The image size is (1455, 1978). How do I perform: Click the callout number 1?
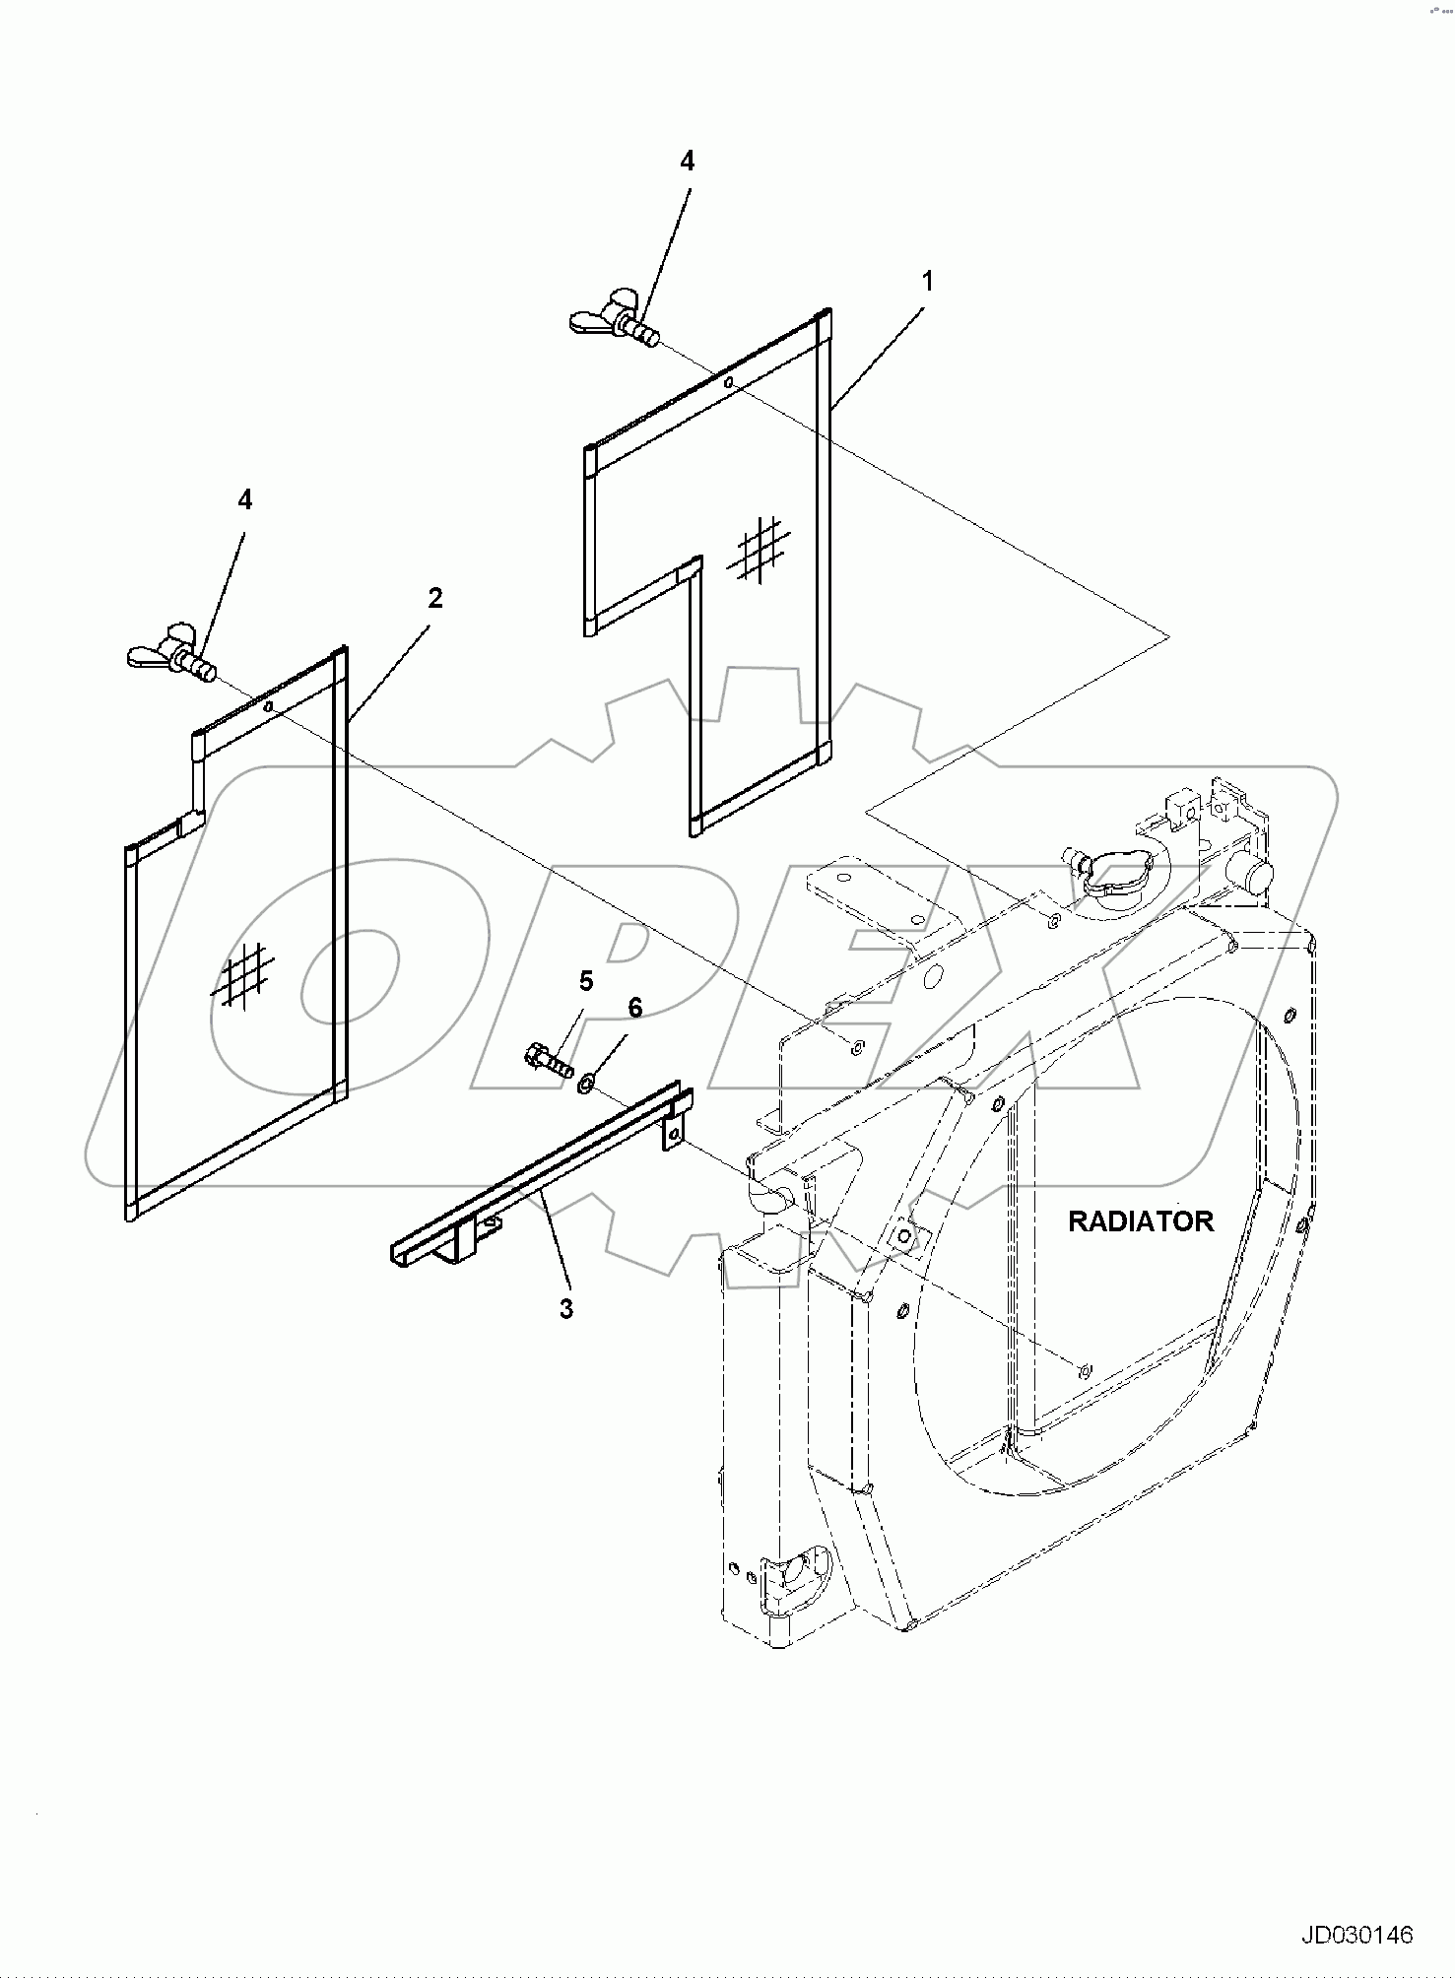point(926,281)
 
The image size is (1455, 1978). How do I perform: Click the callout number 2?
point(434,598)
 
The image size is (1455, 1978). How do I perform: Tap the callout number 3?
point(565,1309)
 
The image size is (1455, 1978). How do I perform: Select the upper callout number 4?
point(687,162)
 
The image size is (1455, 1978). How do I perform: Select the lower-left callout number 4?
point(244,500)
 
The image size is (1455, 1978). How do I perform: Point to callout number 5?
point(586,980)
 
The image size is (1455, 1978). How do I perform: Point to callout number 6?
point(634,1007)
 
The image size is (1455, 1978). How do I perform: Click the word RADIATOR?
point(1141,1221)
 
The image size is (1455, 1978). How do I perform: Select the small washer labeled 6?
point(586,1085)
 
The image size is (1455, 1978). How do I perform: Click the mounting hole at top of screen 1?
point(727,382)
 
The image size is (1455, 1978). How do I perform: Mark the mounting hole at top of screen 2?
point(268,705)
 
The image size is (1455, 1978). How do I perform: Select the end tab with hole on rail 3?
point(674,1134)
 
